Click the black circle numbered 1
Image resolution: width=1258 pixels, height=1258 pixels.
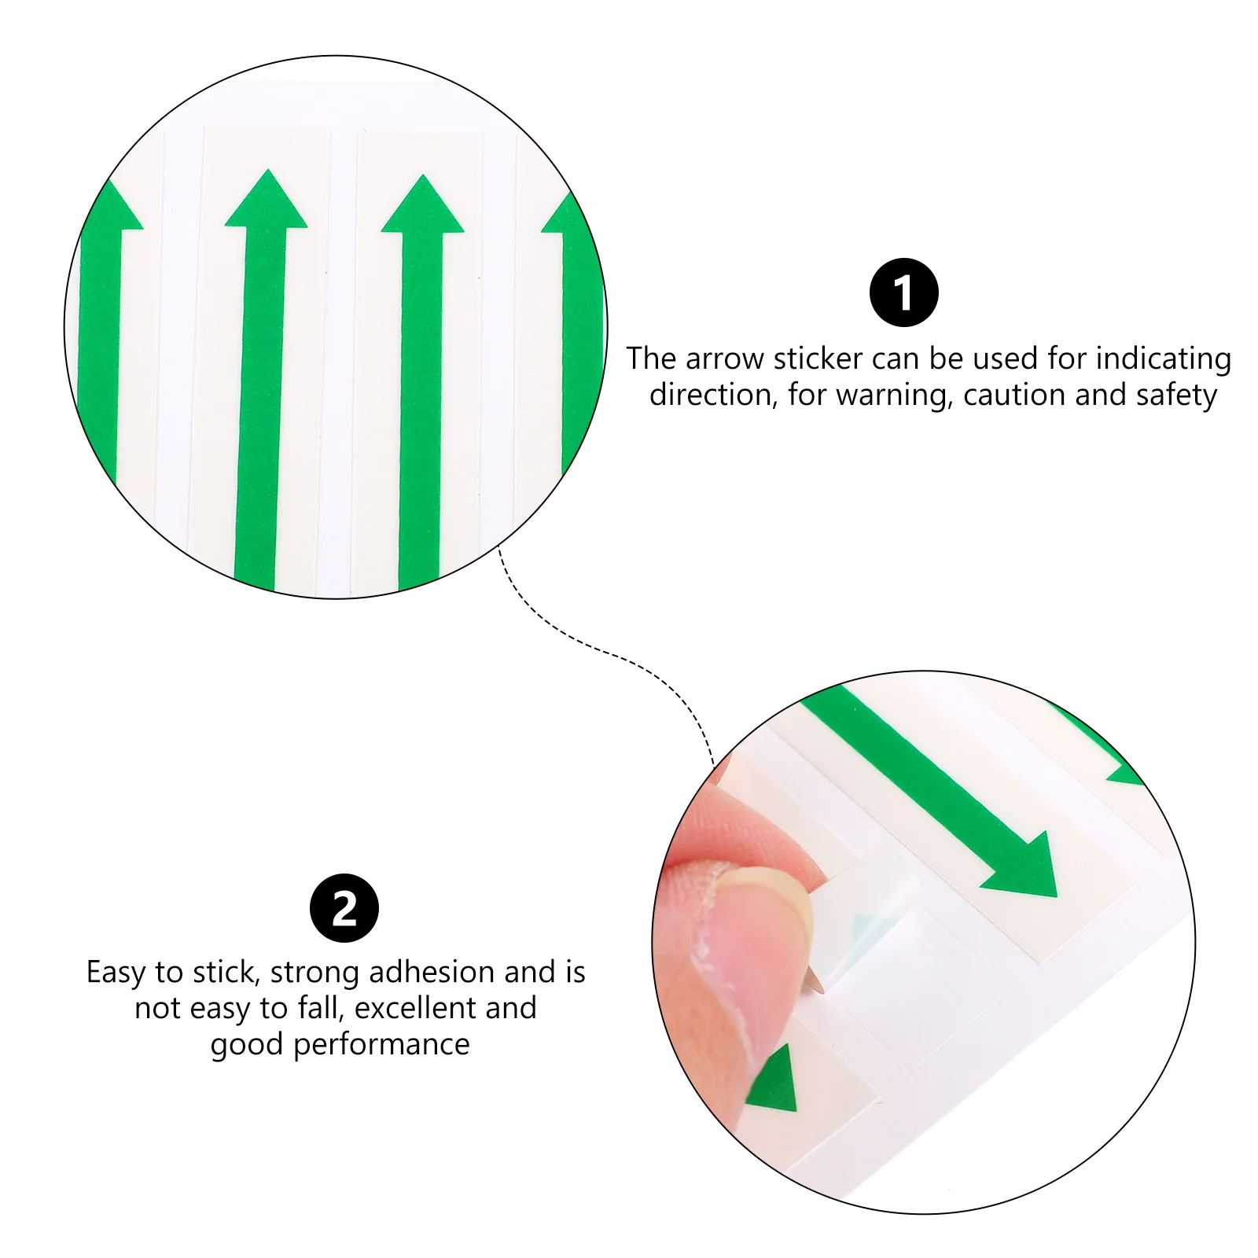click(903, 292)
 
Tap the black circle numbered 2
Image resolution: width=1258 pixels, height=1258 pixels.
click(344, 908)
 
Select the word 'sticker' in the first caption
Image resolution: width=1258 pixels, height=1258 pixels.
click(818, 359)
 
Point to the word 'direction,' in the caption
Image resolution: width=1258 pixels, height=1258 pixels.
click(713, 395)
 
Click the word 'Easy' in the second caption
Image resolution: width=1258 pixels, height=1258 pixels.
click(116, 973)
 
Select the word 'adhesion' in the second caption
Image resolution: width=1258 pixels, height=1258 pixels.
click(432, 973)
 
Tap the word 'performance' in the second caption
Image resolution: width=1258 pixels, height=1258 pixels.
click(381, 1044)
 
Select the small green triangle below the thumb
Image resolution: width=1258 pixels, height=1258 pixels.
click(774, 1081)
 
